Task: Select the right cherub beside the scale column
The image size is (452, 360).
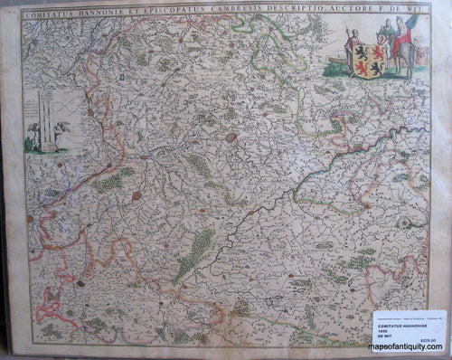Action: point(61,136)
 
